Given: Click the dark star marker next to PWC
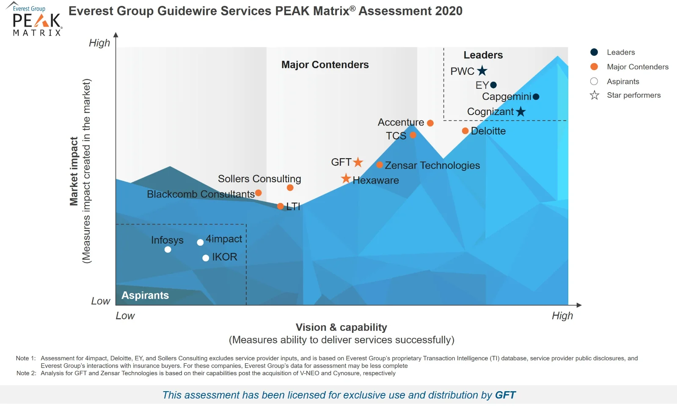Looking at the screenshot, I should pos(482,71).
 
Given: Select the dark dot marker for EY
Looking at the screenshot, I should pos(493,85).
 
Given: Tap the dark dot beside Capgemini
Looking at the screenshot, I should pos(536,96).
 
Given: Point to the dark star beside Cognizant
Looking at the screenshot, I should pos(521,112).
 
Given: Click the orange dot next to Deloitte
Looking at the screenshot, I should pos(465,131).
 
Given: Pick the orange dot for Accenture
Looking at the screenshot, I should pos(430,123).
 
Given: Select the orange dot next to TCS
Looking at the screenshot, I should pos(413,135).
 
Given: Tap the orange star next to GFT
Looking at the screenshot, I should pos(358,162).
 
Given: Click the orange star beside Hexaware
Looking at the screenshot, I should pos(346,178).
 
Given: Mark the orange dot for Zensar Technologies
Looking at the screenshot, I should pos(380,165).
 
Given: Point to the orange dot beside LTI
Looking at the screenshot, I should pos(280,206).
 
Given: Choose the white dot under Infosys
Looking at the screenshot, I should pos(168,250).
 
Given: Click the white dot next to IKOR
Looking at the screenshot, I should pos(206,258).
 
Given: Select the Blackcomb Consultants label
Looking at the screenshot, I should pos(201,194).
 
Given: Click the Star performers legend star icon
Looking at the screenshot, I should pos(594,95).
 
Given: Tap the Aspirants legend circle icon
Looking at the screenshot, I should pos(594,81).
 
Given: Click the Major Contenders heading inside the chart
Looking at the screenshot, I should pos(325,65).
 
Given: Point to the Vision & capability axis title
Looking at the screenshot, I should pos(341,327).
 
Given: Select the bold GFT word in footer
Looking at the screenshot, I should pos(505,395).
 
